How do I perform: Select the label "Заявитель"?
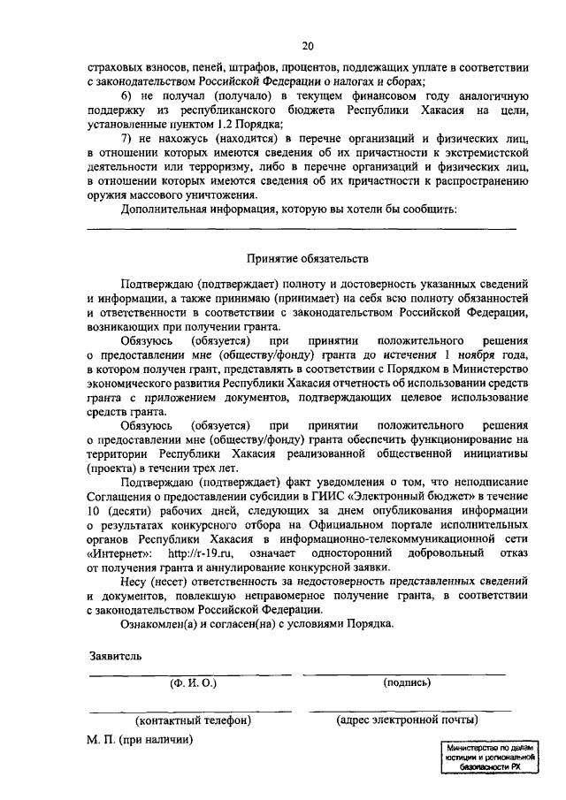114,656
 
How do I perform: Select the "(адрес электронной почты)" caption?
408,720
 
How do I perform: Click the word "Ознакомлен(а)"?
159,623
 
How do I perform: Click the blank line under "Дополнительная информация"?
301,229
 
